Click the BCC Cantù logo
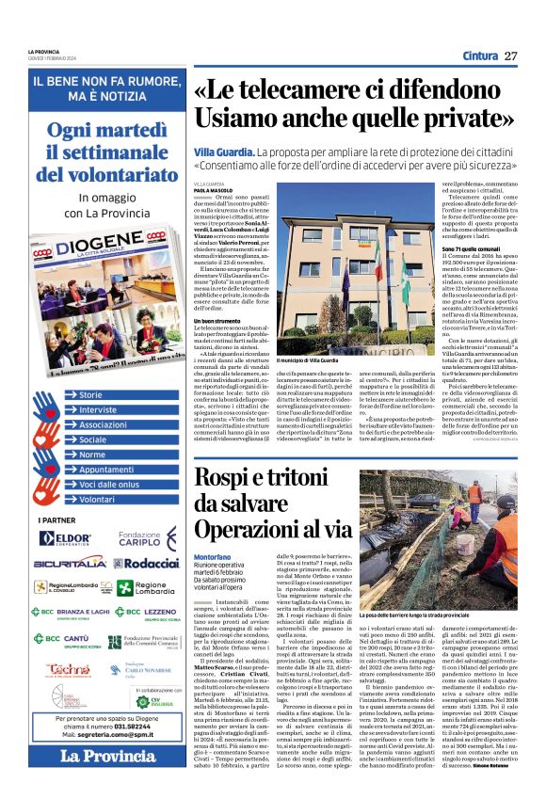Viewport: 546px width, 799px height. (64, 637)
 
